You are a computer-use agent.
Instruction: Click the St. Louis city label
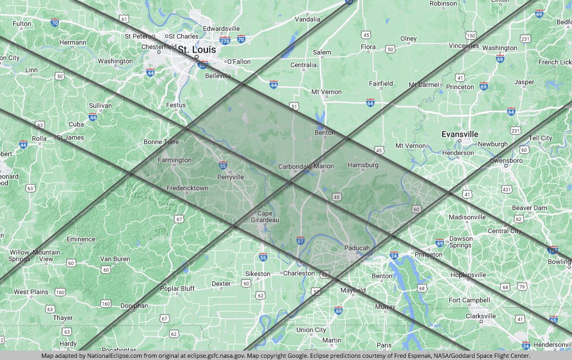196,49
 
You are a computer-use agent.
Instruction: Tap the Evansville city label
460,134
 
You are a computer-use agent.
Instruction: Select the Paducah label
357,248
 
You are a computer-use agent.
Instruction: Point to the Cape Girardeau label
265,217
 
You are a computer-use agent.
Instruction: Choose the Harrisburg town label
363,165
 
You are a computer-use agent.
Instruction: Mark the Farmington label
174,160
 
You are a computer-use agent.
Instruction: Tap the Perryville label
230,177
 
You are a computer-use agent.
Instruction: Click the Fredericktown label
188,188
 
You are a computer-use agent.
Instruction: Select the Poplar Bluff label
177,289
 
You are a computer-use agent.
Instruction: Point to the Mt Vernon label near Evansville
411,146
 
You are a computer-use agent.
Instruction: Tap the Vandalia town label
307,19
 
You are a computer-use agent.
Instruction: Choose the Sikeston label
257,274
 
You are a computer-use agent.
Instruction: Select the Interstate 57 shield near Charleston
300,241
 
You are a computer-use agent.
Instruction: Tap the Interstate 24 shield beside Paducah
394,256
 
